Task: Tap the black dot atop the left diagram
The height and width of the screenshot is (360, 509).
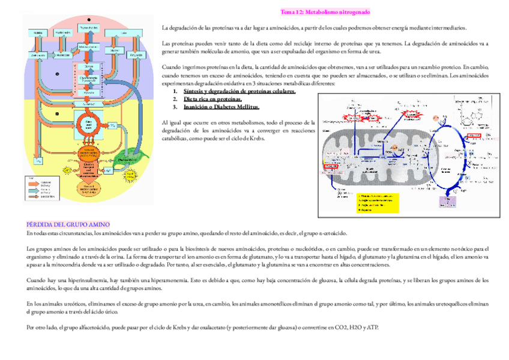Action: click(89, 19)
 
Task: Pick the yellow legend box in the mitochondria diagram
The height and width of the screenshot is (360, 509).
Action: click(377, 203)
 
